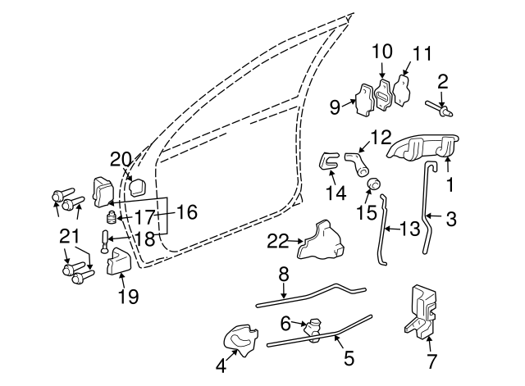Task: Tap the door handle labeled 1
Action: pyautogui.click(x=420, y=148)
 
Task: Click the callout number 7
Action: pyautogui.click(x=432, y=360)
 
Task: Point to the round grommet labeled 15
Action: pyautogui.click(x=373, y=183)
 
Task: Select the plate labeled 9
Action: pyautogui.click(x=364, y=99)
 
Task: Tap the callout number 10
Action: pyautogui.click(x=383, y=50)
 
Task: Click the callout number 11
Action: pyautogui.click(x=422, y=56)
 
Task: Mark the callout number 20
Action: pyautogui.click(x=121, y=158)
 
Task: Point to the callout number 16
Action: pyautogui.click(x=186, y=213)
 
